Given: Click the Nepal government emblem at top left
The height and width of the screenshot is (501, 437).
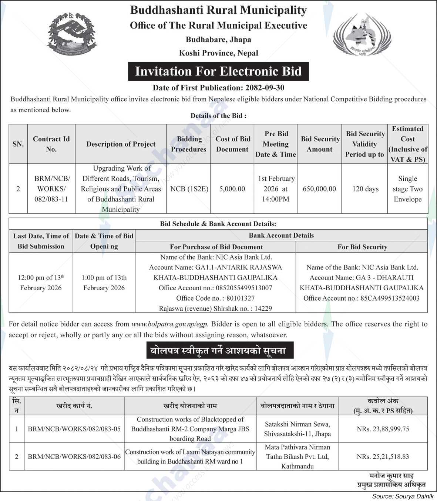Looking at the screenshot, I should tap(72, 34).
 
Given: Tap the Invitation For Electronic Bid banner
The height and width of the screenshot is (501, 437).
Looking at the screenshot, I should tap(218, 71).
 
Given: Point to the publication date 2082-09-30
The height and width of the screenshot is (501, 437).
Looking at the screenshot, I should tap(264, 88).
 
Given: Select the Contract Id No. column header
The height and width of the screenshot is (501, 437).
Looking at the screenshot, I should tap(51, 144).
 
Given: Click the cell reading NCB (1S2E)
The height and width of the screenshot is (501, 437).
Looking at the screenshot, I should tap(189, 189).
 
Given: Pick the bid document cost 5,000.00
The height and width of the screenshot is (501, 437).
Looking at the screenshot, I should tap(232, 189).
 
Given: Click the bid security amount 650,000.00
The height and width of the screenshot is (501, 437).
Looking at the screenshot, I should tap(319, 189).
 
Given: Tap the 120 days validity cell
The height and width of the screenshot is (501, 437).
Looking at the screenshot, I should tap(365, 189).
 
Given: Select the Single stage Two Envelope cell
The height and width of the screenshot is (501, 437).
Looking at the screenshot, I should tap(407, 189).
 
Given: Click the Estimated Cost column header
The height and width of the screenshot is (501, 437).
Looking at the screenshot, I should tap(407, 144).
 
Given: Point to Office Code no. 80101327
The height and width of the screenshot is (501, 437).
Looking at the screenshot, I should tap(215, 298).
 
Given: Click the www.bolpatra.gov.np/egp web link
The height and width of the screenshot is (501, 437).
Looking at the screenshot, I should tap(170, 324).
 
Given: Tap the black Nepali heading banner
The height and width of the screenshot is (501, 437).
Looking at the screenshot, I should tap(218, 350).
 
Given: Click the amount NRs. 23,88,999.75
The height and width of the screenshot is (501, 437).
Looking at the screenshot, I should tap(383, 429).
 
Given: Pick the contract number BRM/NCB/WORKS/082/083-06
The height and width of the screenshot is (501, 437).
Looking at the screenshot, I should tap(74, 457).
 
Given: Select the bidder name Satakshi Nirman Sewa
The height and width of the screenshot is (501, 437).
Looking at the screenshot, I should tap(297, 424).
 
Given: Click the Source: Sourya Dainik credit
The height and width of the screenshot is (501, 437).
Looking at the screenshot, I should tap(403, 496).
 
